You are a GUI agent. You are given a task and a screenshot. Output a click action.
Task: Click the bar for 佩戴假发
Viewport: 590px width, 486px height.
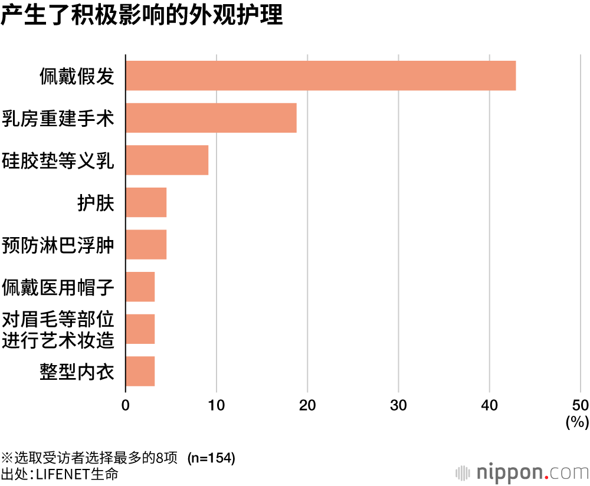click(x=320, y=75)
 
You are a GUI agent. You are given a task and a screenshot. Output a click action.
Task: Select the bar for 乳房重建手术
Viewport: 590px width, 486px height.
click(x=211, y=118)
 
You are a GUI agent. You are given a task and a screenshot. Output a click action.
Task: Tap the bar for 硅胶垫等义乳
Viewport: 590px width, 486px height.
click(x=167, y=160)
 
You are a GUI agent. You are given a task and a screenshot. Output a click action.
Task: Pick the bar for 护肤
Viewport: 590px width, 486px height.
click(x=146, y=202)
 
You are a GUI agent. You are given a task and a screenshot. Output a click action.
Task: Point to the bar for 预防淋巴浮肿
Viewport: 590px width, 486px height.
click(x=146, y=244)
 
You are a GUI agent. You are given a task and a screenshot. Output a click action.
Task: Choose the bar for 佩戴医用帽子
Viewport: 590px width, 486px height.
click(x=140, y=287)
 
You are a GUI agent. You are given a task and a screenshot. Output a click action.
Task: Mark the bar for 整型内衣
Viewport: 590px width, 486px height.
click(x=140, y=371)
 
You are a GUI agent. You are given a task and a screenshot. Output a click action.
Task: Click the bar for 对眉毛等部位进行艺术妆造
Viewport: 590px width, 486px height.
click(x=140, y=329)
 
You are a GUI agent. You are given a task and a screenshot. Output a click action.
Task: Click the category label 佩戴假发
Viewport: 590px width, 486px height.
click(x=77, y=76)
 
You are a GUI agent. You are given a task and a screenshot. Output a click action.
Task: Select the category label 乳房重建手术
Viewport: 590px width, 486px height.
click(x=58, y=118)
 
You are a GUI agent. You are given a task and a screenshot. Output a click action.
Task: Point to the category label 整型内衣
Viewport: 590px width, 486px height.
click(x=77, y=372)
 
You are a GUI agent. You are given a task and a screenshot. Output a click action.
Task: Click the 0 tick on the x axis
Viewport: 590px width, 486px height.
click(x=126, y=405)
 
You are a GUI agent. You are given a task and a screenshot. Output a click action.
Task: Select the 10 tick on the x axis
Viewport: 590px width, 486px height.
click(x=217, y=405)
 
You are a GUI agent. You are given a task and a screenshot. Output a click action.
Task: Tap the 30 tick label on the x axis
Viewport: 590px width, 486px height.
click(x=399, y=405)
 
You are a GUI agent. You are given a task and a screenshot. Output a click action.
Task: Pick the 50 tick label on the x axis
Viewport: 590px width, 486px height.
click(x=581, y=405)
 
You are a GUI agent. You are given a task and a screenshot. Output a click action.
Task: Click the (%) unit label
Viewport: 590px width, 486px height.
click(x=578, y=422)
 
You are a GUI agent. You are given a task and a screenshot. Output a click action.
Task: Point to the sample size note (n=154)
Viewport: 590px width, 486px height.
click(x=211, y=458)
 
